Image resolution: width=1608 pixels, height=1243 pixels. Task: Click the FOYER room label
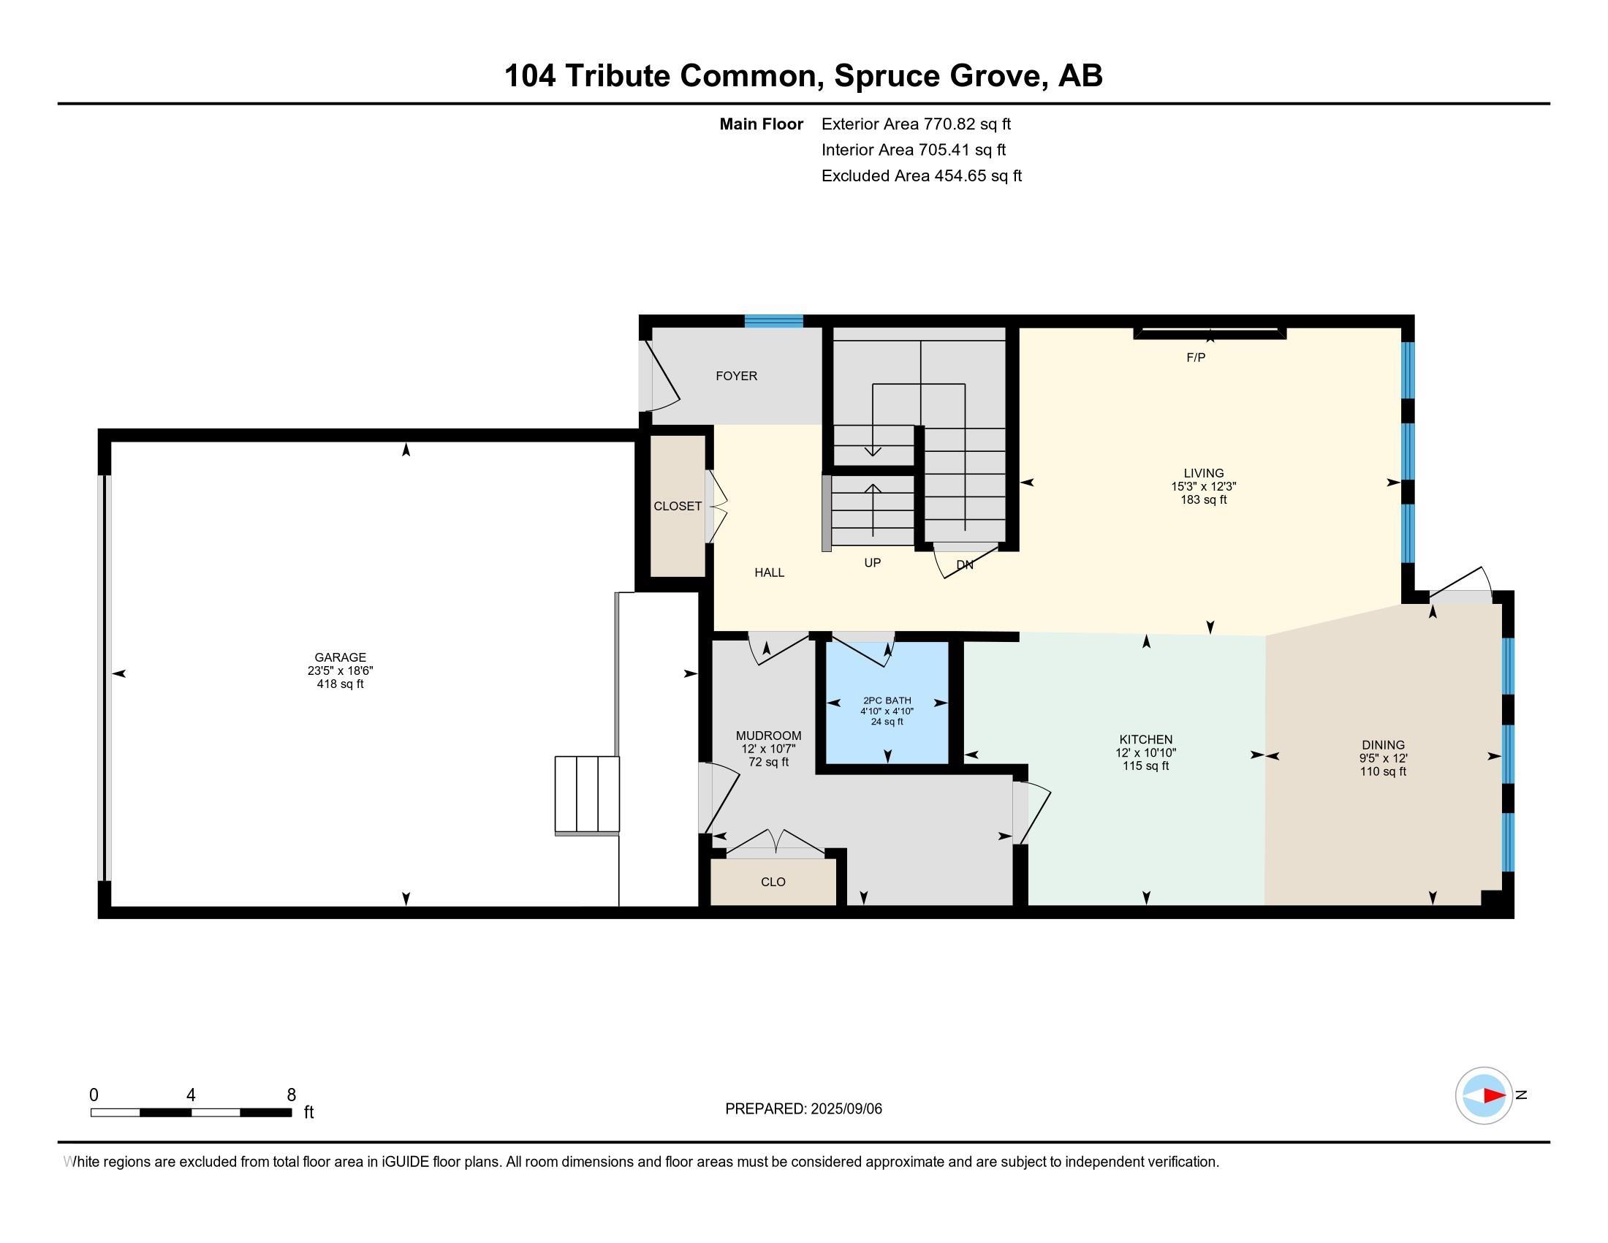(736, 377)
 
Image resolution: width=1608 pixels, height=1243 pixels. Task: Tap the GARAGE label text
(340, 657)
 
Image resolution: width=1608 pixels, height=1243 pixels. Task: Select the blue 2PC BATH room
(887, 703)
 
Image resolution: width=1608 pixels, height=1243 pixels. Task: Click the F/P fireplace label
(1196, 358)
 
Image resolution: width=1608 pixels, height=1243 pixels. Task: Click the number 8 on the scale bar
(292, 1095)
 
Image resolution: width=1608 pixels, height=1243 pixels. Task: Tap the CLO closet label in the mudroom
(773, 883)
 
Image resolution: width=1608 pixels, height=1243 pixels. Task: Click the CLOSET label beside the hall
(678, 507)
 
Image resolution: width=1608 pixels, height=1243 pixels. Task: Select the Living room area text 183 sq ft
(1204, 500)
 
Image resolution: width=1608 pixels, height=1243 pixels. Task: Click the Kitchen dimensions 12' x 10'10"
(1145, 753)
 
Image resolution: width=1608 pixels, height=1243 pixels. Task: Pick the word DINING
(1383, 745)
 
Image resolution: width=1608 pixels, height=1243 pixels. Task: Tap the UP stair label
(873, 563)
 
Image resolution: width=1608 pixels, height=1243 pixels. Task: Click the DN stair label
(965, 565)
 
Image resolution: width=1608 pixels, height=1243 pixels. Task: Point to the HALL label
(770, 573)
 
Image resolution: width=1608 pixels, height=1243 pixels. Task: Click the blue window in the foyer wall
(773, 321)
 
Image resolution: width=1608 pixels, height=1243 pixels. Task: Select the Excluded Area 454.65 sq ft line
(921, 176)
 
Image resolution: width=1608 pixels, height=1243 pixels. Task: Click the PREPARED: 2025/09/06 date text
(803, 1109)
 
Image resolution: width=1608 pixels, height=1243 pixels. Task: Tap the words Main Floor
(762, 124)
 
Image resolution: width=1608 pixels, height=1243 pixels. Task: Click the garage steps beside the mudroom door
(587, 795)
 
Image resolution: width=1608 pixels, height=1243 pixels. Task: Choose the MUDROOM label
(769, 736)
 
